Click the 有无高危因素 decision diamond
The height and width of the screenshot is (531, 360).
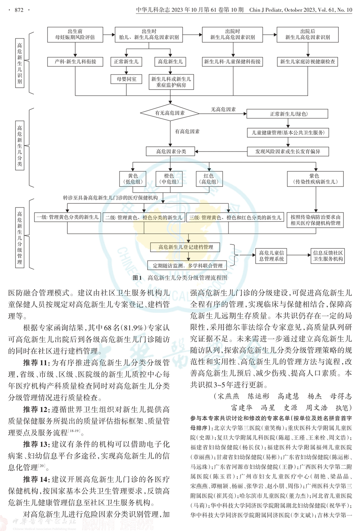click(170, 113)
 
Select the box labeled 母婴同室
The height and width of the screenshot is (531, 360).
click(126, 79)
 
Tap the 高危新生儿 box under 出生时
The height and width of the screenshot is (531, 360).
click(170, 62)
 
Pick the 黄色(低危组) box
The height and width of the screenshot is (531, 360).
click(133, 179)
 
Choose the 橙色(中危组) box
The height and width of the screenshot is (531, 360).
click(169, 179)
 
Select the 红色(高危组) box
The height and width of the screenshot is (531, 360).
click(208, 179)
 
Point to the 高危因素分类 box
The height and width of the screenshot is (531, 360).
click(171, 151)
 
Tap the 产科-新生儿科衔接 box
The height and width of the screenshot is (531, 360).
click(76, 62)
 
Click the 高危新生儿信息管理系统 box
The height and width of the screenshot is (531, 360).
click(271, 256)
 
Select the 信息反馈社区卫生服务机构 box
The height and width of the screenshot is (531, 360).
click(328, 256)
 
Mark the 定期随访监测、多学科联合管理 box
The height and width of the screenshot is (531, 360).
click(188, 266)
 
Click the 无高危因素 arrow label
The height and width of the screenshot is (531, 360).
click(223, 109)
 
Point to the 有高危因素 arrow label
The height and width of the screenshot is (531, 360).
click(187, 132)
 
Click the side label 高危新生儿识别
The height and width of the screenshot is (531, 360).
click(19, 63)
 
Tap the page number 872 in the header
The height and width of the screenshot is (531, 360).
click(19, 10)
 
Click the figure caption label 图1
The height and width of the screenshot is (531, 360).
click(137, 278)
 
